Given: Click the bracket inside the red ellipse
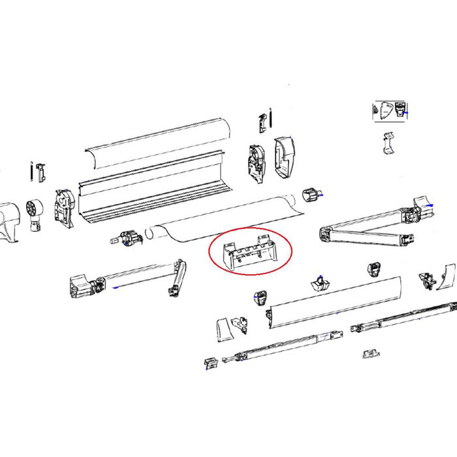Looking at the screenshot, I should coord(250,251).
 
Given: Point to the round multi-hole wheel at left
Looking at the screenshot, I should coord(34,210).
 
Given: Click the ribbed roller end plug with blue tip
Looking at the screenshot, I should coord(313,193).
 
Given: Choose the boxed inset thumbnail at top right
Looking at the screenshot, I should coord(389,110).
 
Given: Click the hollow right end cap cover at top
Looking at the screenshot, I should coord(286,157).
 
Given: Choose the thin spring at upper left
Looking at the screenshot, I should coord(31,171).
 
